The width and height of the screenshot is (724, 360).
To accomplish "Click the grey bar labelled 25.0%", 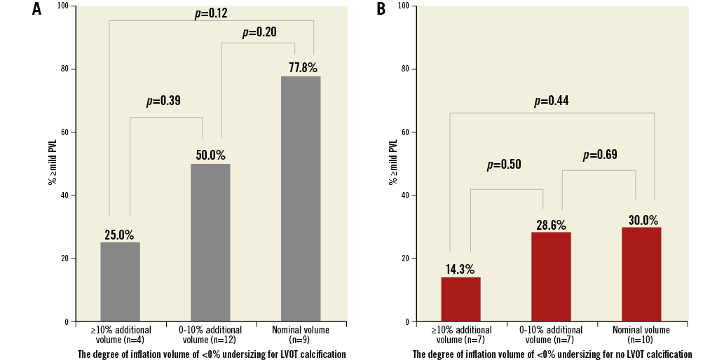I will coord(120,282).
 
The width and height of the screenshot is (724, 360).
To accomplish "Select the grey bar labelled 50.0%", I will coord(210,242).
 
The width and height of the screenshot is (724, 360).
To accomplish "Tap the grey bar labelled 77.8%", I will coord(301,199).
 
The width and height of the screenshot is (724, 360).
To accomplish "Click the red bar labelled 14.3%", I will coord(460,299).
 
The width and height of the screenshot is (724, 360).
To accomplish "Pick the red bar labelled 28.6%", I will coord(551,277).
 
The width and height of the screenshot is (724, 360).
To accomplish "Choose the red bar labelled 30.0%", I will coord(641,275).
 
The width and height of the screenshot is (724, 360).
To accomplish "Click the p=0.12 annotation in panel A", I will coord(211,13).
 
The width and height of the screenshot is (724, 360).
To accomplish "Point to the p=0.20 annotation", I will coord(259,32).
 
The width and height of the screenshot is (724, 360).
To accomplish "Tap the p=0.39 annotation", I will coord(163,101).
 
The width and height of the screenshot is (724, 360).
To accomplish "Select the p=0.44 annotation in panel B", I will coord(551,101).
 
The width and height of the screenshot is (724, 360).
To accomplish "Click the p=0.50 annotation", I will coord(504,165).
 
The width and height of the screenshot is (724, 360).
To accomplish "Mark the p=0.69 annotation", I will coord(600,155).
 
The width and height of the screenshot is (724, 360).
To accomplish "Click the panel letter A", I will coord(36,10).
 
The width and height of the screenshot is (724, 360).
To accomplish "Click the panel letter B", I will coord(381,10).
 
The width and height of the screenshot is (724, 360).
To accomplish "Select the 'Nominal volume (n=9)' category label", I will coord(301,335).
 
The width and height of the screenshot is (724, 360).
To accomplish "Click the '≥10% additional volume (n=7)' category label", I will coord(460,335).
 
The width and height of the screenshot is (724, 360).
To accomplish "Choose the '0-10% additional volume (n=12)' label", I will coord(210,335).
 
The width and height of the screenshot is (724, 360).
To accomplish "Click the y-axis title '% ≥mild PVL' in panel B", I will coord(393,162).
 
